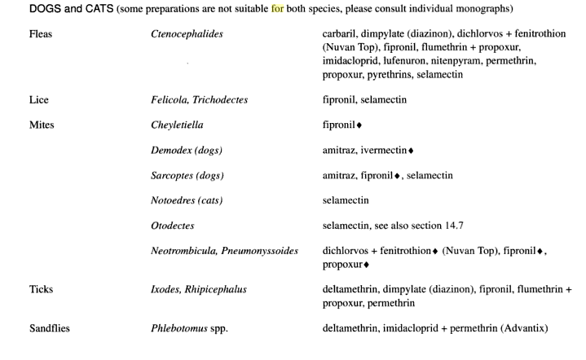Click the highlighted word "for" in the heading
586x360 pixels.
(276, 9)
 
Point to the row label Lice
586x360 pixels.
(38, 100)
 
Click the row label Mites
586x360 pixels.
(41, 126)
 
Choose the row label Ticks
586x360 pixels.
(41, 289)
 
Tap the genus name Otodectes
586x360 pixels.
(173, 225)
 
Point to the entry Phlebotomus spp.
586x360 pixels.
(189, 329)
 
